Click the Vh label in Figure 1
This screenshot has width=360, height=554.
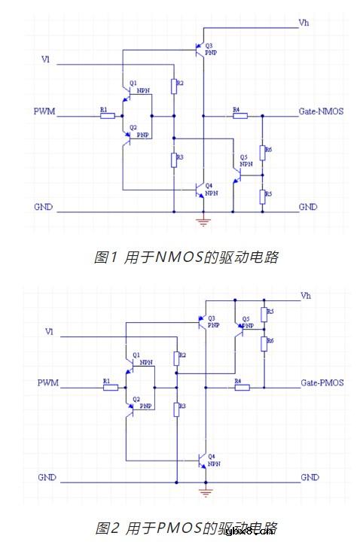pyautogui.click(x=304, y=23)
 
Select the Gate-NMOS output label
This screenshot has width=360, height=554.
pyautogui.click(x=321, y=111)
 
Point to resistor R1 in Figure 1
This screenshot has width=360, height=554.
pyautogui.click(x=108, y=116)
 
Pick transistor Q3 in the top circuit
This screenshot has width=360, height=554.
pyautogui.click(x=200, y=50)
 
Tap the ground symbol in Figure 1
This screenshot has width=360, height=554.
pyautogui.click(x=202, y=221)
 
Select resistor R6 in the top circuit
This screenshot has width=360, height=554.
pyautogui.click(x=263, y=153)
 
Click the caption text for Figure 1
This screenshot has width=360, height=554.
pyautogui.click(x=186, y=257)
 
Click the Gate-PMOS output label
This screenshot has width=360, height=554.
pyautogui.click(x=322, y=382)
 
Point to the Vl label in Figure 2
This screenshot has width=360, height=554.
pyautogui.click(x=49, y=331)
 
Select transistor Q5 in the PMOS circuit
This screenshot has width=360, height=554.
pyautogui.click(x=239, y=325)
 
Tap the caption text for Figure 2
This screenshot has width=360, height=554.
pyautogui.click(x=186, y=528)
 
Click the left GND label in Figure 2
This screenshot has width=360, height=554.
pyautogui.click(x=46, y=477)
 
